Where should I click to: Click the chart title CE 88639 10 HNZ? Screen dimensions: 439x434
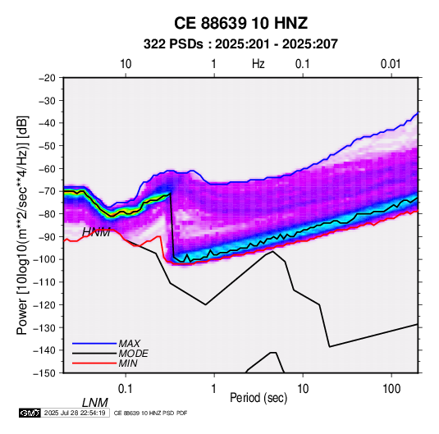(x=240, y=23)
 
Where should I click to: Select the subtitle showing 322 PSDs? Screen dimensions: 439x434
(x=240, y=44)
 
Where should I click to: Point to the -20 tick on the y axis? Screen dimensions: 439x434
(x=47, y=78)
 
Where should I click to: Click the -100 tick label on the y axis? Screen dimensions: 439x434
(x=45, y=259)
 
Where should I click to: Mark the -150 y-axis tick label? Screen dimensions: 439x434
(x=45, y=373)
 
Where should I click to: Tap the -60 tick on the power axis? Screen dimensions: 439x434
(x=47, y=168)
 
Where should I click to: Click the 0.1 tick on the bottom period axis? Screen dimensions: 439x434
(x=126, y=389)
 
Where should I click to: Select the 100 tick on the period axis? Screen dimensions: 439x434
(x=391, y=389)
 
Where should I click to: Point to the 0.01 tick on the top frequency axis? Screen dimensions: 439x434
(x=391, y=64)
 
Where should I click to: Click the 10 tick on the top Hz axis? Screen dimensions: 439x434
(x=126, y=64)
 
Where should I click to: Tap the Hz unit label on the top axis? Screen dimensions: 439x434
(x=258, y=64)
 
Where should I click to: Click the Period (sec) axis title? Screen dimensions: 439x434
(x=258, y=398)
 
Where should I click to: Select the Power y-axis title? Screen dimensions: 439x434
(x=22, y=225)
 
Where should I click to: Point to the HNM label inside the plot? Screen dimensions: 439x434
(x=96, y=232)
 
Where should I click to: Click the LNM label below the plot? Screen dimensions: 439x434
(x=95, y=403)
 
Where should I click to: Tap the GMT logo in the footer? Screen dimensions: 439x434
(x=30, y=413)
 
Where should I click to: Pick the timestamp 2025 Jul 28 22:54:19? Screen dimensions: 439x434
(x=75, y=413)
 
